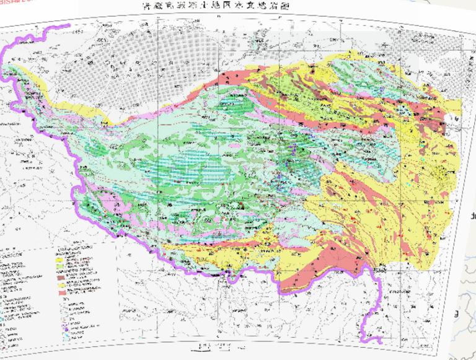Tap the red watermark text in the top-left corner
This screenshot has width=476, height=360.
tap(13, 3)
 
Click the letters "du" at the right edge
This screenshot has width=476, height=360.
tap(473, 216)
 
